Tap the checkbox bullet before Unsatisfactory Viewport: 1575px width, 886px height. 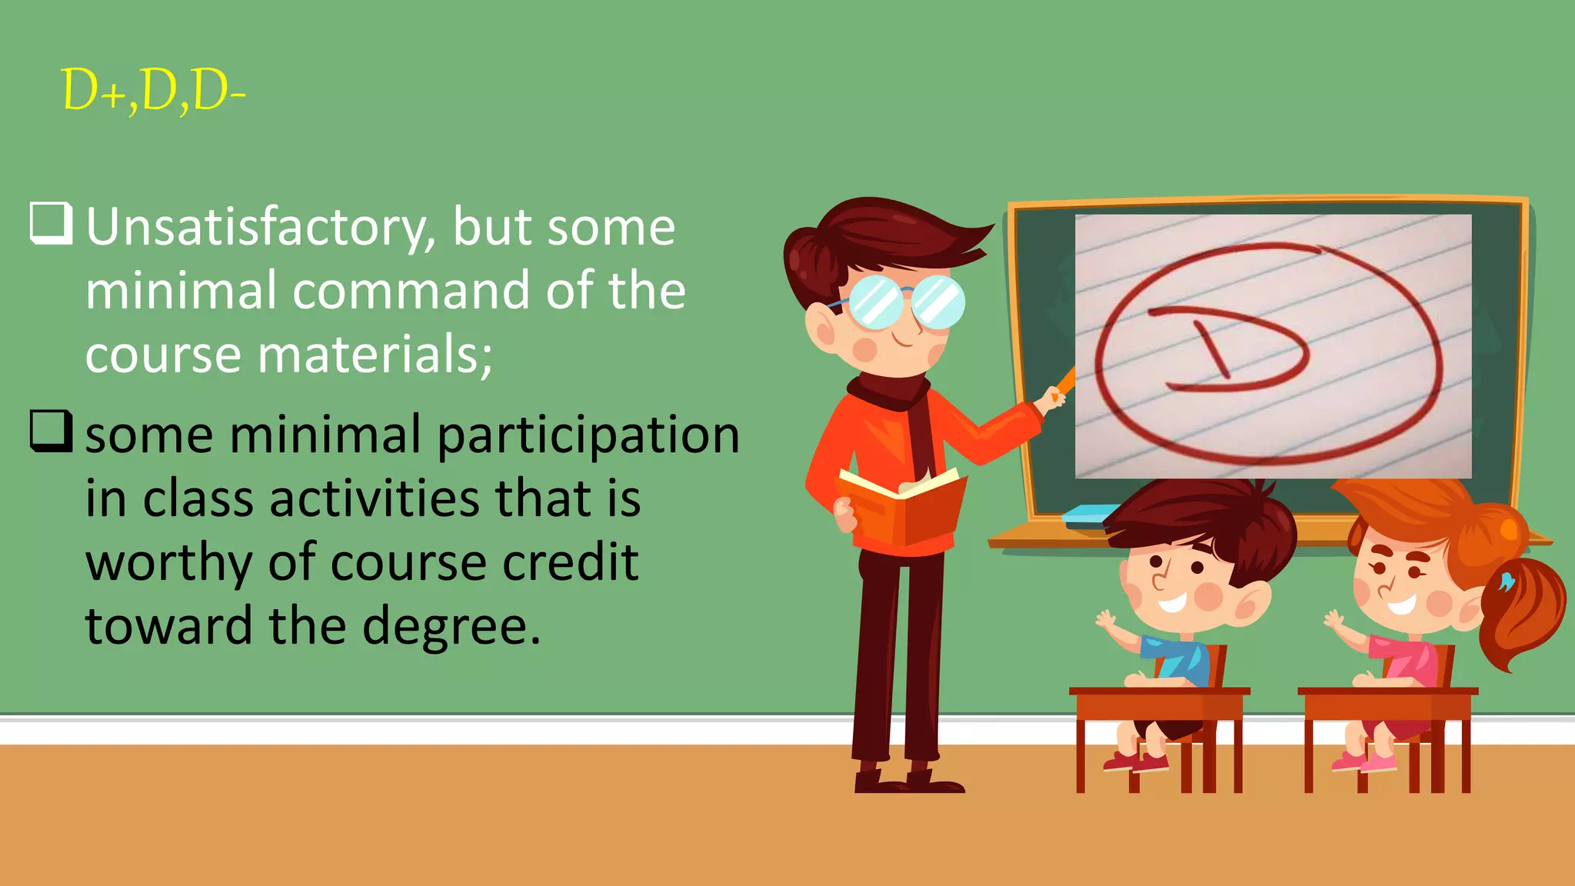[52, 223]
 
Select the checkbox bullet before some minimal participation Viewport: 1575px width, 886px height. [52, 431]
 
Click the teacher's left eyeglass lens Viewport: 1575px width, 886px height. [877, 302]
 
